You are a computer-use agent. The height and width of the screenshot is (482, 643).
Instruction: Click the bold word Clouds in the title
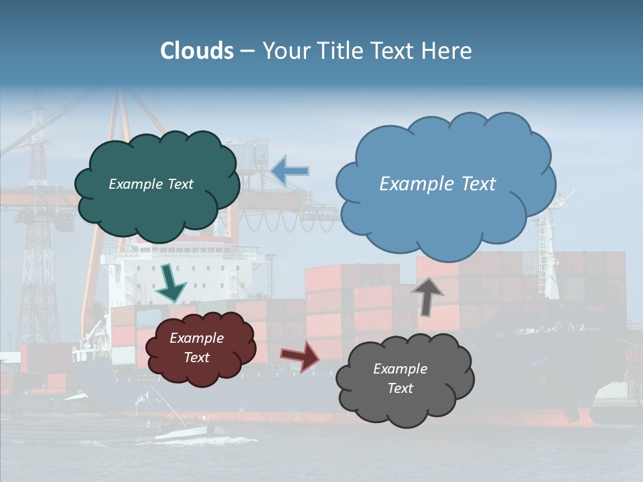tap(197, 51)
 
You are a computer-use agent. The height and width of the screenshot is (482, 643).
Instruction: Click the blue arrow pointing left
tap(290, 171)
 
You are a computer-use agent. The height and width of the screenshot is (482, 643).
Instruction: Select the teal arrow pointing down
tap(171, 283)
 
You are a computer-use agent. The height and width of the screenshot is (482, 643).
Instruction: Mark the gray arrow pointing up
tap(428, 295)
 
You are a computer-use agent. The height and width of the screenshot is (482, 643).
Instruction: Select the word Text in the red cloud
tap(197, 357)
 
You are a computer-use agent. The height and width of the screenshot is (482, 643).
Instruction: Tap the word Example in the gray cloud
tap(400, 369)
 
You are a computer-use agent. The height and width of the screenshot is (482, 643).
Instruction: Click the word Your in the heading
tap(280, 51)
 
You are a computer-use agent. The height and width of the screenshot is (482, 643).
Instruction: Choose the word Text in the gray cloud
tap(400, 388)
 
